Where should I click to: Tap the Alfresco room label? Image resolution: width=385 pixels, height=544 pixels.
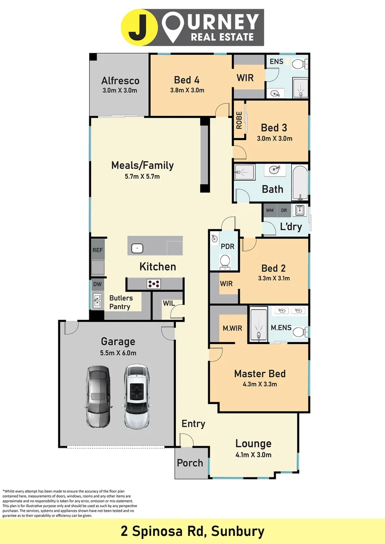click(120, 81)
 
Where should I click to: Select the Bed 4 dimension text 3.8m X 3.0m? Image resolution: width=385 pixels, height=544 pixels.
click(186, 91)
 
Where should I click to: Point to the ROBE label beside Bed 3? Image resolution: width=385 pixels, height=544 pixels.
click(239, 121)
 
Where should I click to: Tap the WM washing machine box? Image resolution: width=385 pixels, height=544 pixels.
click(270, 210)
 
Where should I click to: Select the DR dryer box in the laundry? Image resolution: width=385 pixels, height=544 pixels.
click(284, 210)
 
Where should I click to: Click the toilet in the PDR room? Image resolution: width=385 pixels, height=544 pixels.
click(225, 260)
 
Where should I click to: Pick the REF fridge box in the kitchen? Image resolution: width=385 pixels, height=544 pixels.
click(97, 250)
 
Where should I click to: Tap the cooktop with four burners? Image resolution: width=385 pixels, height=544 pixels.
click(154, 284)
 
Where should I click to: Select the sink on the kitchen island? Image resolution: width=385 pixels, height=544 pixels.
click(138, 248)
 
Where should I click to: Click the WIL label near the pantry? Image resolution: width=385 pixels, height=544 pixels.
click(169, 303)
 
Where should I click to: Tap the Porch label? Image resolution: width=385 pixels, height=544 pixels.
click(190, 463)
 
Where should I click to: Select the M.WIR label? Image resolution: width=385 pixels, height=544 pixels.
click(232, 328)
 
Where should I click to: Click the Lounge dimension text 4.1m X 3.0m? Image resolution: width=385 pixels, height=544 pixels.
click(253, 455)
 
